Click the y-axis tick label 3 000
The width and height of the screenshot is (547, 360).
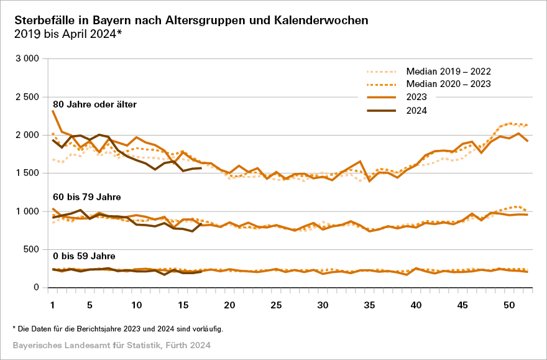pos(27,58)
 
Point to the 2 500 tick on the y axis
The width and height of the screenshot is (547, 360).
pos(27,96)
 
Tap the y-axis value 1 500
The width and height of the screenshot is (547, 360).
pos(27,173)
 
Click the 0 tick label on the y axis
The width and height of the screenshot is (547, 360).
pos(37,287)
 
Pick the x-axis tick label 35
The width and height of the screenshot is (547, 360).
pos(370,305)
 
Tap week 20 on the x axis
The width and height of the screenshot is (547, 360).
pos(230,305)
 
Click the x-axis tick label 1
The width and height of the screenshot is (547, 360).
pos(53,305)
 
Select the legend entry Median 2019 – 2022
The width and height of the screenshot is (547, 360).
pos(448,70)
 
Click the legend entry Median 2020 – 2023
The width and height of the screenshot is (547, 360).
pos(448,84)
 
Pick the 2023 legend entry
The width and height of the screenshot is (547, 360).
pos(417,98)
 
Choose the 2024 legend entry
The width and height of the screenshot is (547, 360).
pos(417,111)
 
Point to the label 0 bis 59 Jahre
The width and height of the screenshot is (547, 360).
pos(83,256)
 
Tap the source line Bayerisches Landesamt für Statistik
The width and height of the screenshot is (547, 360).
pos(112,344)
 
